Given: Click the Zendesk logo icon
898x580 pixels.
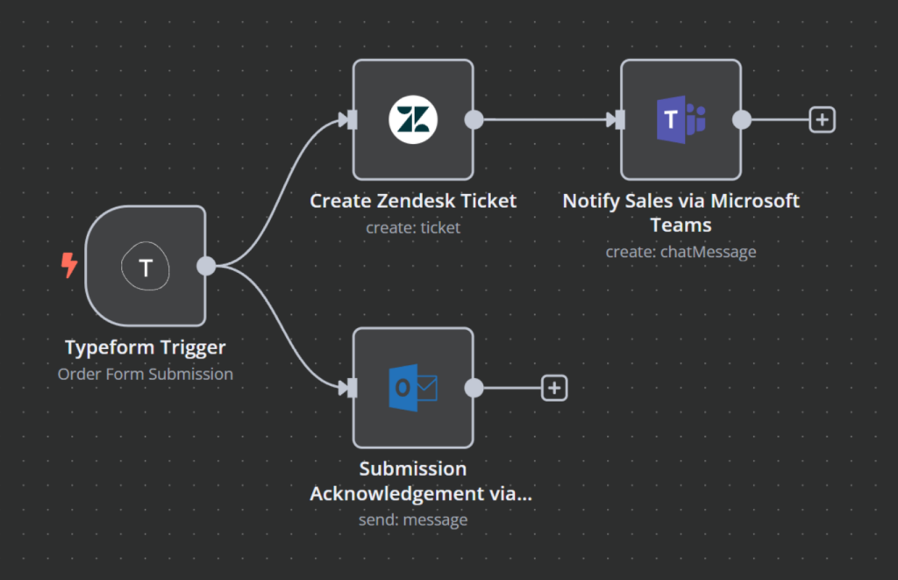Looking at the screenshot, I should click(x=413, y=119).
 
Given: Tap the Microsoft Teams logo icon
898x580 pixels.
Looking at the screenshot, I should click(x=681, y=119).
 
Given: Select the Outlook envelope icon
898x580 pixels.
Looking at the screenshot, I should click(x=413, y=387).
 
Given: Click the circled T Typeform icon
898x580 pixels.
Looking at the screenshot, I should click(x=146, y=267).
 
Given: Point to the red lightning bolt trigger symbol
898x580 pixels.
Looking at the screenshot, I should click(x=69, y=265).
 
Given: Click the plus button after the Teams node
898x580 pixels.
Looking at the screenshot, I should click(x=822, y=119).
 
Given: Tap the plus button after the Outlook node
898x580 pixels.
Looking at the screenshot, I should click(x=554, y=387).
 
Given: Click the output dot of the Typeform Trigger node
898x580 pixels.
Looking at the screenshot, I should click(x=207, y=266).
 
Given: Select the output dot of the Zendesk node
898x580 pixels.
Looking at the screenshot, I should click(x=474, y=119).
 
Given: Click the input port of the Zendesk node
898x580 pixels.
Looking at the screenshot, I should click(x=352, y=119).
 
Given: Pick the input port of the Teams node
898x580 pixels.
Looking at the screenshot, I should click(x=619, y=119).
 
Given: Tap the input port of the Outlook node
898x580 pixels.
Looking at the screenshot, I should click(x=352, y=387).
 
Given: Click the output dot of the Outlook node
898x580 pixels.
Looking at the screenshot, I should click(x=474, y=387).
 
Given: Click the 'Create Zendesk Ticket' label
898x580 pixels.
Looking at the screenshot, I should click(x=413, y=201).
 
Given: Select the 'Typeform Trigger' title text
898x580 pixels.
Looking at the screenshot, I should click(x=146, y=347).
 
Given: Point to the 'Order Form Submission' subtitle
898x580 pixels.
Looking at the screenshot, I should click(x=146, y=374).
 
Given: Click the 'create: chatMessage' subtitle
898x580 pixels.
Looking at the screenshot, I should click(x=681, y=252).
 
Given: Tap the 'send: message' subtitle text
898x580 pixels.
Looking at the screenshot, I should click(x=413, y=519).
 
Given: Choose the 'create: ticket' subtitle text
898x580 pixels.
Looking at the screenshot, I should click(x=413, y=227).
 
